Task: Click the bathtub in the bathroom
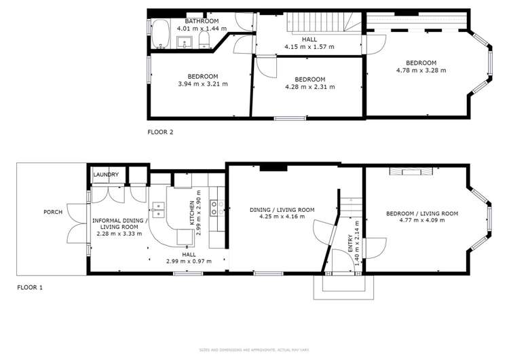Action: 160,34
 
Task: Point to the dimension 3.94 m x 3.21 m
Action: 202,84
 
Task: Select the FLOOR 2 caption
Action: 161,132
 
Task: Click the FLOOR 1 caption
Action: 30,287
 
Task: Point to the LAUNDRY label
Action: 106,175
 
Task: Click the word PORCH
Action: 53,212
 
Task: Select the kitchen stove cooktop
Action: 216,206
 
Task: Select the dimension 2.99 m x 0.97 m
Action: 188,261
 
